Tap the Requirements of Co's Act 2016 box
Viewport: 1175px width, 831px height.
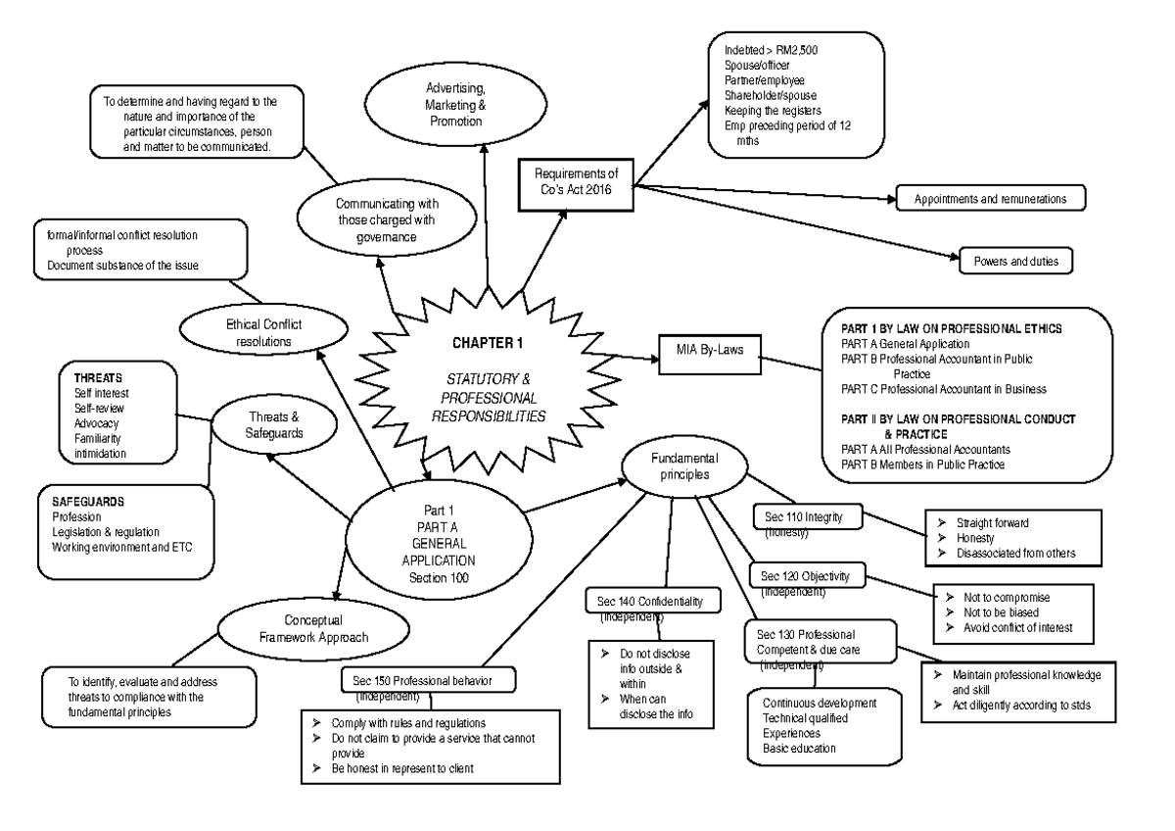click(577, 182)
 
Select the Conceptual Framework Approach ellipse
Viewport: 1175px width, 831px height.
click(313, 629)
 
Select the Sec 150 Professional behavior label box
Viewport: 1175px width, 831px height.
click(428, 680)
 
